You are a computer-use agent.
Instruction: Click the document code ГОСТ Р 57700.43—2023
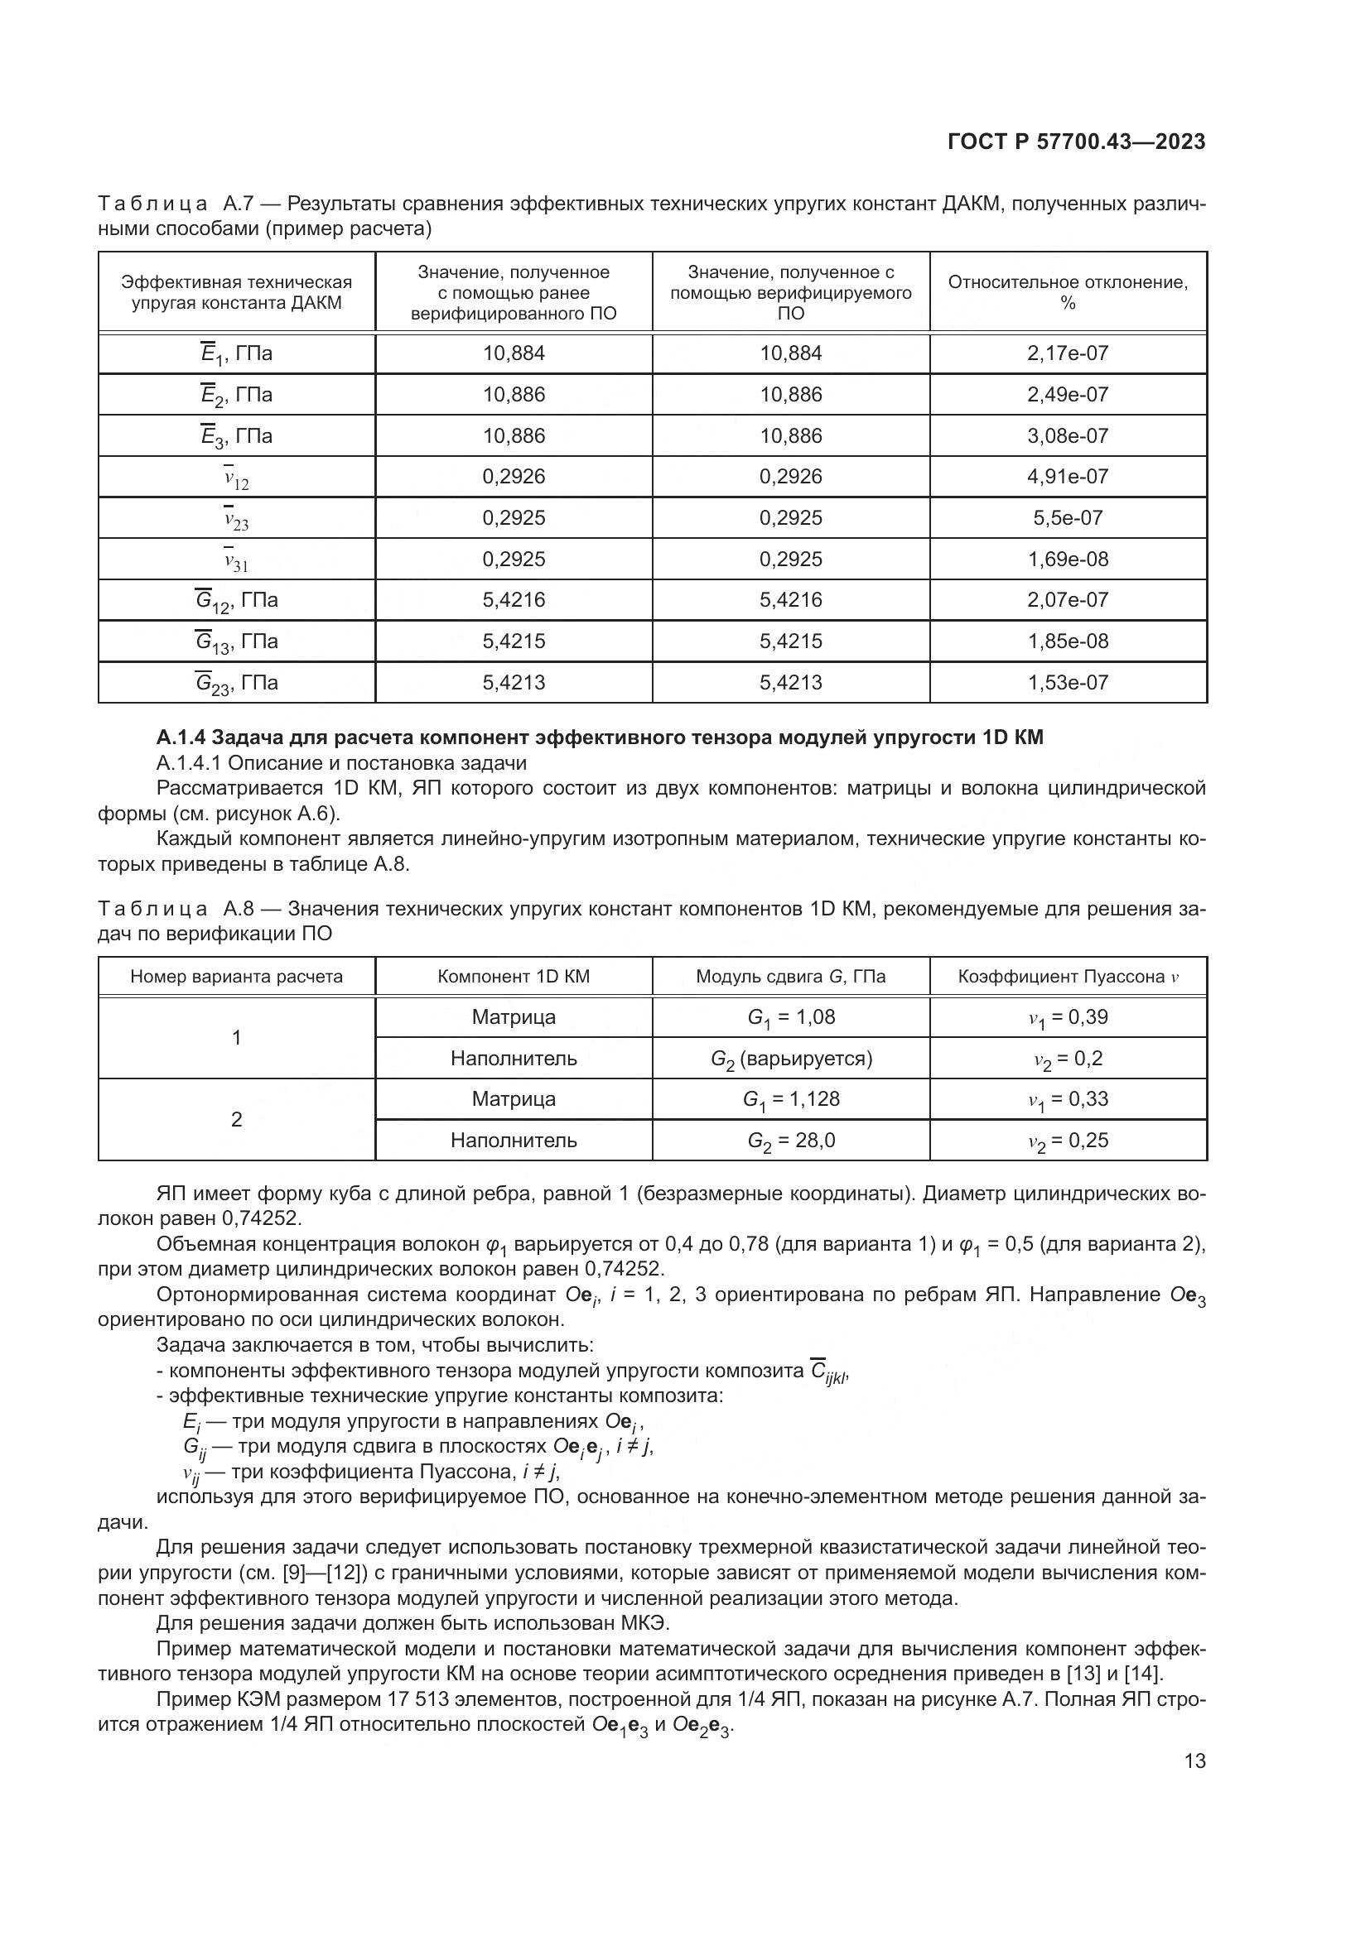tap(1077, 142)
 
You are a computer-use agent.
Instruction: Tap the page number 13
tap(1194, 1761)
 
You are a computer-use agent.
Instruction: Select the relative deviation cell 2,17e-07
tap(1067, 353)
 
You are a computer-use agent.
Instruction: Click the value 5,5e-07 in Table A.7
tap(1067, 517)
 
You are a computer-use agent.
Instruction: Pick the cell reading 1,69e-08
tap(1067, 559)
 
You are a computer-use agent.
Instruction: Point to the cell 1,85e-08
tap(1067, 641)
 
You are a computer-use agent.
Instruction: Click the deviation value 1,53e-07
tap(1067, 682)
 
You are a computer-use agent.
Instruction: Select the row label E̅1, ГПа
tap(236, 354)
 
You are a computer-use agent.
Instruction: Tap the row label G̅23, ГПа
tap(236, 683)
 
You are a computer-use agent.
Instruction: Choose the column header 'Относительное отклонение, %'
tap(1067, 292)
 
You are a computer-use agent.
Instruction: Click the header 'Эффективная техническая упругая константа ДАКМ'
tap(236, 292)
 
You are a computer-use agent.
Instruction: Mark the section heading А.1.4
tap(599, 737)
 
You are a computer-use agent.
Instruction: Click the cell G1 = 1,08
tap(790, 1017)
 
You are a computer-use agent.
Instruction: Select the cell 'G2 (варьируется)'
tap(790, 1059)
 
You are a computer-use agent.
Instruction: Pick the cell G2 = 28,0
tap(790, 1141)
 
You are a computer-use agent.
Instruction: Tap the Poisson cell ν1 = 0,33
tap(1067, 1099)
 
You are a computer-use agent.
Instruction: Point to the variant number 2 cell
tap(236, 1120)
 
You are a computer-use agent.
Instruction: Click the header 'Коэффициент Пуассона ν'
tap(1067, 977)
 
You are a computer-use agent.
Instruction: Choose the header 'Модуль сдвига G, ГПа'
tap(790, 977)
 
